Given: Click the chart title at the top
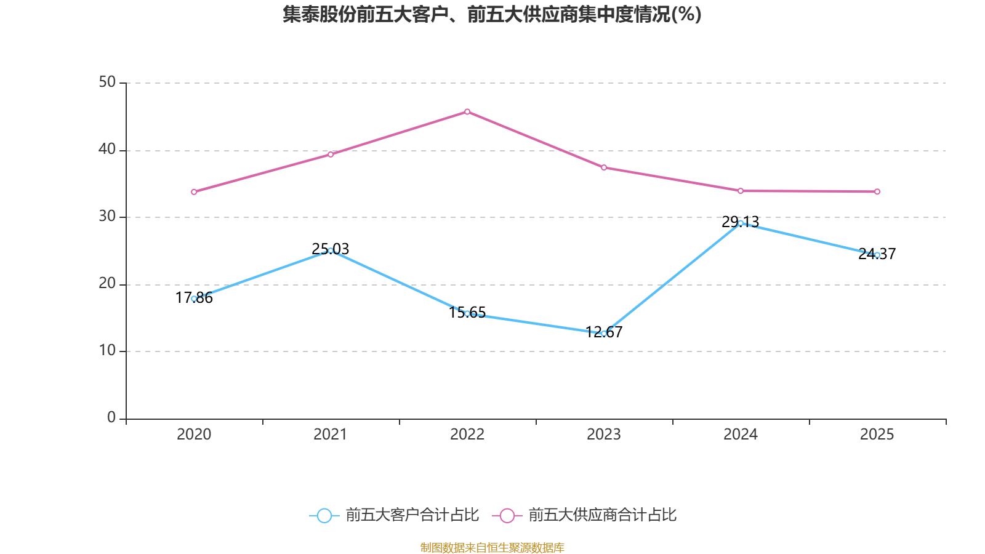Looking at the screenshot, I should [492, 14].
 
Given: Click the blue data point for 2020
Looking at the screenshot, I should [194, 299].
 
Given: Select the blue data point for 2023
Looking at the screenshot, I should [604, 333].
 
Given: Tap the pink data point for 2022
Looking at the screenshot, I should [467, 111].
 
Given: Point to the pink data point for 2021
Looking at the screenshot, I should [331, 154].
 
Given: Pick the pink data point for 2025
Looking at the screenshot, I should [877, 191].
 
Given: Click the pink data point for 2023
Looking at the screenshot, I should [604, 167].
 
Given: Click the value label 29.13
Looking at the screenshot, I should [740, 221].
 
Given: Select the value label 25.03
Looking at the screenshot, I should [331, 249].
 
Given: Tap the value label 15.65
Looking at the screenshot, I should [467, 312].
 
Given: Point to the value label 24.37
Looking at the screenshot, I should [877, 253].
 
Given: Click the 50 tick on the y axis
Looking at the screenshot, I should [107, 82].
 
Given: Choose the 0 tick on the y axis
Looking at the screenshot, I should [111, 417].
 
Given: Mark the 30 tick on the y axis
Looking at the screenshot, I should [107, 216].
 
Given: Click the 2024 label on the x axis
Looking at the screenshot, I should [740, 435].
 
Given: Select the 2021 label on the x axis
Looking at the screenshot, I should [331, 435].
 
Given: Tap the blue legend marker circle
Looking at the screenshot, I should [324, 515].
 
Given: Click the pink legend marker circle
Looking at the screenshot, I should [507, 515].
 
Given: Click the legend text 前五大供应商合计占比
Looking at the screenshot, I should [602, 515].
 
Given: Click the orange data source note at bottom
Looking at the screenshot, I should [492, 547].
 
